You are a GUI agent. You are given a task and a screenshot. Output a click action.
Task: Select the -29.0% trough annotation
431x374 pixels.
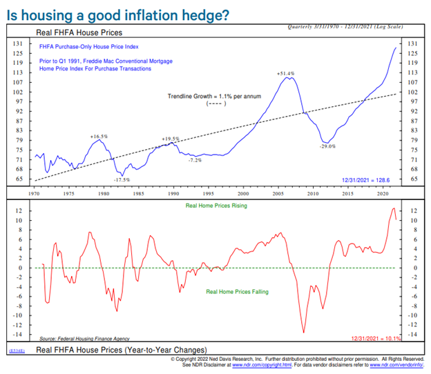(327, 146)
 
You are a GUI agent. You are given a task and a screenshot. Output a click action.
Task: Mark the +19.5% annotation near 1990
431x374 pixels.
(171, 139)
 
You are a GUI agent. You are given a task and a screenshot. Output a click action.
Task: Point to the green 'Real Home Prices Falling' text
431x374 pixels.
(238, 292)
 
